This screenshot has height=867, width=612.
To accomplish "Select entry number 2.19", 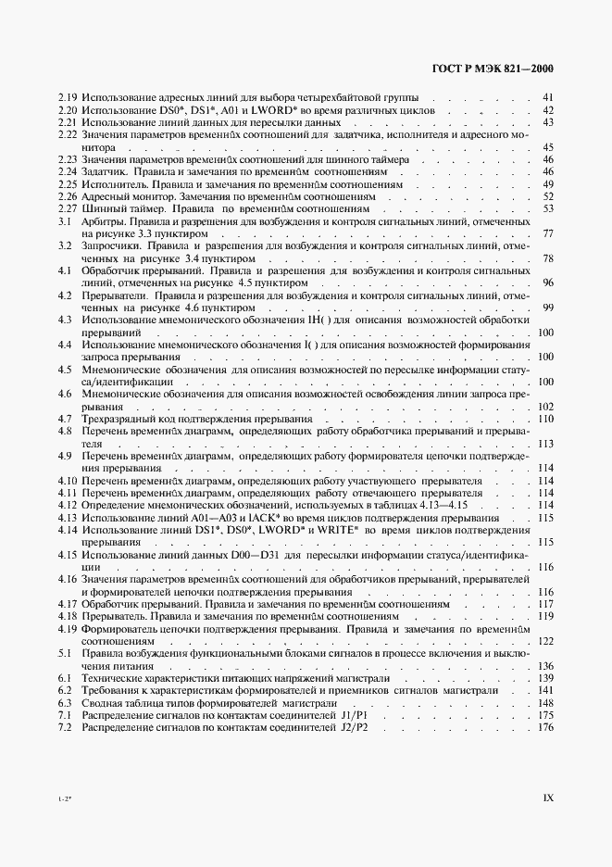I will pos(68,97).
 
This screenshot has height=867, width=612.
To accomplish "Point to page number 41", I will pos(547,97).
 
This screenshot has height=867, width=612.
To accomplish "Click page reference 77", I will pos(547,234).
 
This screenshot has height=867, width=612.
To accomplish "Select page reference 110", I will pos(544,419).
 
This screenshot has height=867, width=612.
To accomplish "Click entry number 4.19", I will pos(68,628).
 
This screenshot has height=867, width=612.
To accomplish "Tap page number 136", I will pos(544,665).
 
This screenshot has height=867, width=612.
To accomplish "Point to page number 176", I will pos(544,726).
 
